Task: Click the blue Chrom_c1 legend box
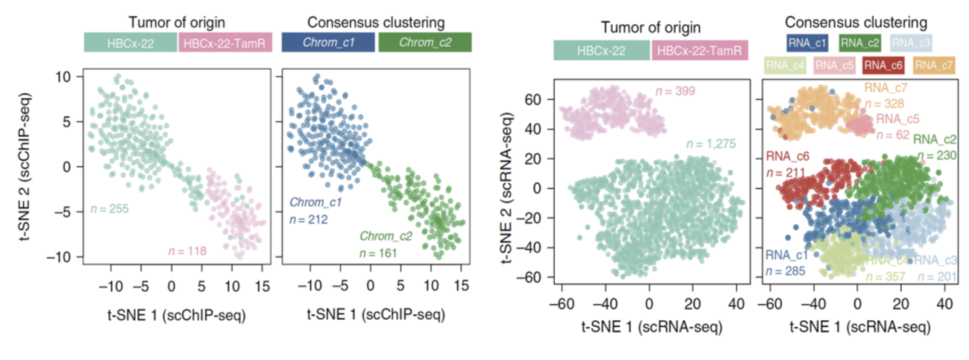328,42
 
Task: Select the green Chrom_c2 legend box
425,42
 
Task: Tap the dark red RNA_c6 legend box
883,66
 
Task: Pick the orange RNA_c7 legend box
934,66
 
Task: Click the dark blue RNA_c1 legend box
807,43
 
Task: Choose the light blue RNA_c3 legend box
911,43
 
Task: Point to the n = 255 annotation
109,209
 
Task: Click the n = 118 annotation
187,251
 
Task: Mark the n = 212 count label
308,220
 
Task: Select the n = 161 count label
378,254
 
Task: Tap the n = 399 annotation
675,91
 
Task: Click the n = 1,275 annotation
711,144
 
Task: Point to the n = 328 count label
884,104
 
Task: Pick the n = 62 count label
893,135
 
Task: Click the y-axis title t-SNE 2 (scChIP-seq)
25,167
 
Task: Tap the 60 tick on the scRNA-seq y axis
533,100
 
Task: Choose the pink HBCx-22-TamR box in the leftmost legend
225,43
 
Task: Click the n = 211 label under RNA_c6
786,173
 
